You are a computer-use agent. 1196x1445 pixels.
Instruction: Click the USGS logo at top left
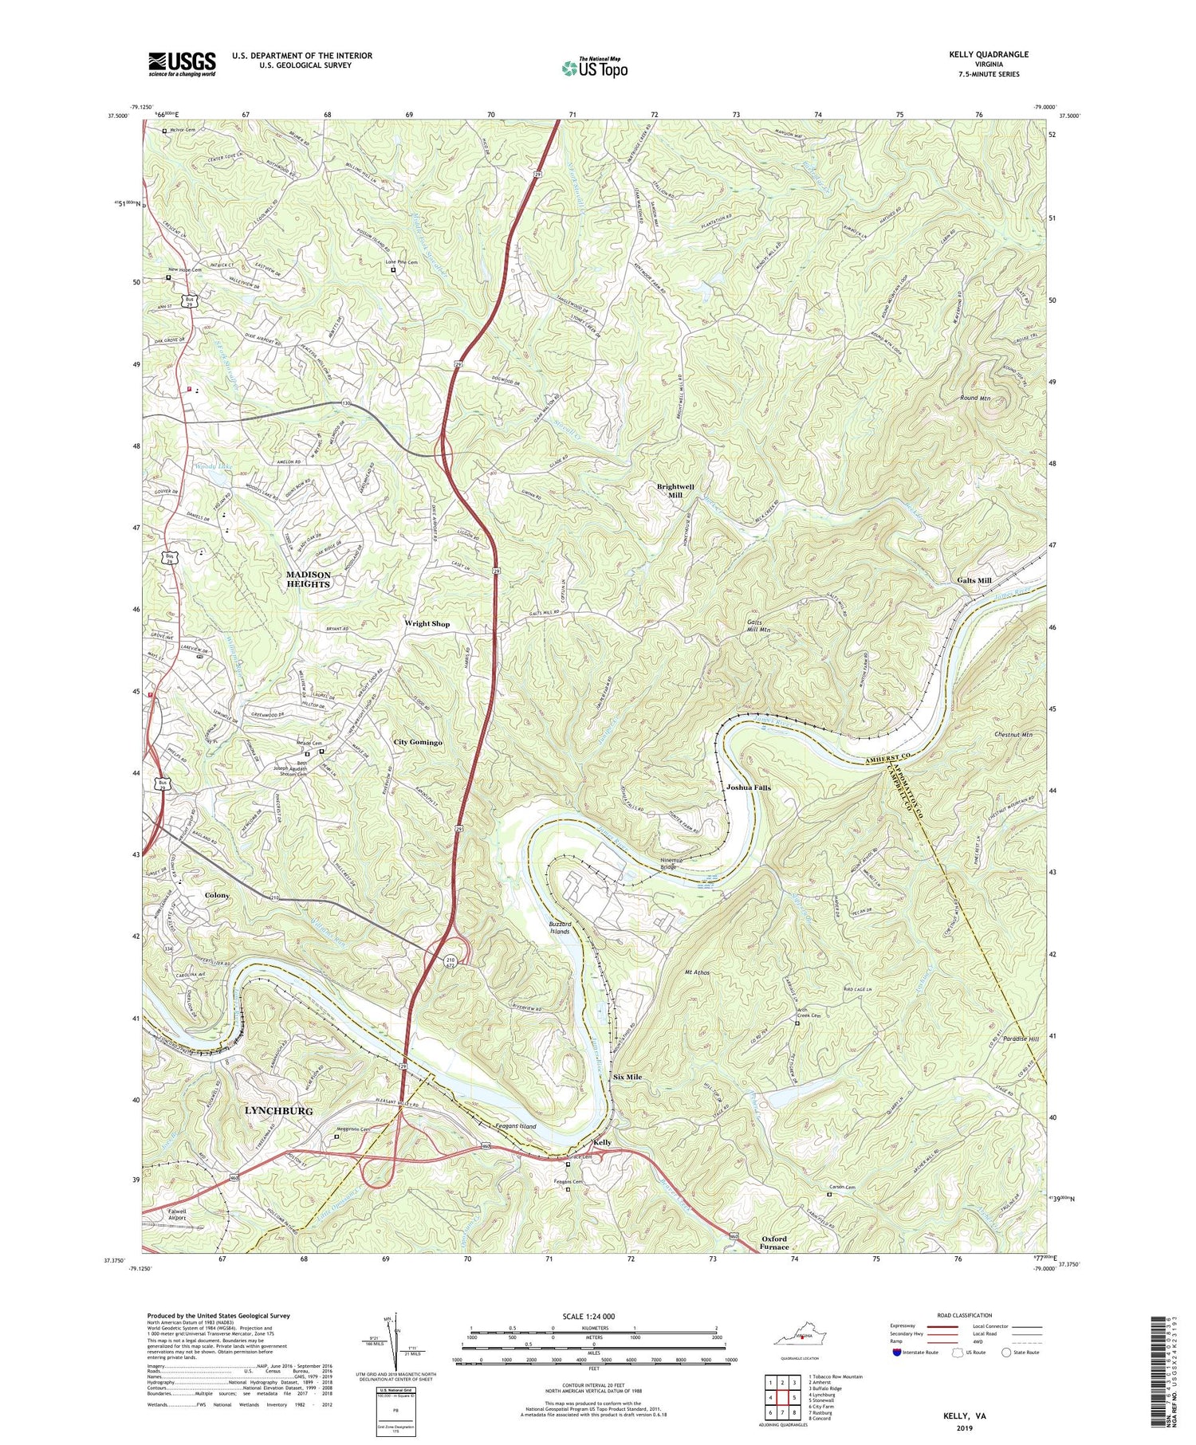[x=182, y=64]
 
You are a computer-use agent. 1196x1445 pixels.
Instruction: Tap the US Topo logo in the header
[x=594, y=69]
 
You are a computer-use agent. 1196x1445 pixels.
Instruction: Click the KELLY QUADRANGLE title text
[x=988, y=54]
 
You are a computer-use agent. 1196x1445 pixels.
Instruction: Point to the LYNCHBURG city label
[x=278, y=1110]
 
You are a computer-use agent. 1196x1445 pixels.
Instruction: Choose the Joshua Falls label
[x=748, y=787]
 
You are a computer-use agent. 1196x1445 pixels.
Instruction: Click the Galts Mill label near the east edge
[x=974, y=580]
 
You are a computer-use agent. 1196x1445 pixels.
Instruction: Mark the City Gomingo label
[x=418, y=742]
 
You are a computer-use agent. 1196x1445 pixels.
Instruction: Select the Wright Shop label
[x=427, y=623]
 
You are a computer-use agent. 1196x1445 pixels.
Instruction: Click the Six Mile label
[x=628, y=1077]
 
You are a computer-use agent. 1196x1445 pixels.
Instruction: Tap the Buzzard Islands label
[x=559, y=928]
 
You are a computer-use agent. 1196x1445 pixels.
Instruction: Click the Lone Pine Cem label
[x=402, y=261]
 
